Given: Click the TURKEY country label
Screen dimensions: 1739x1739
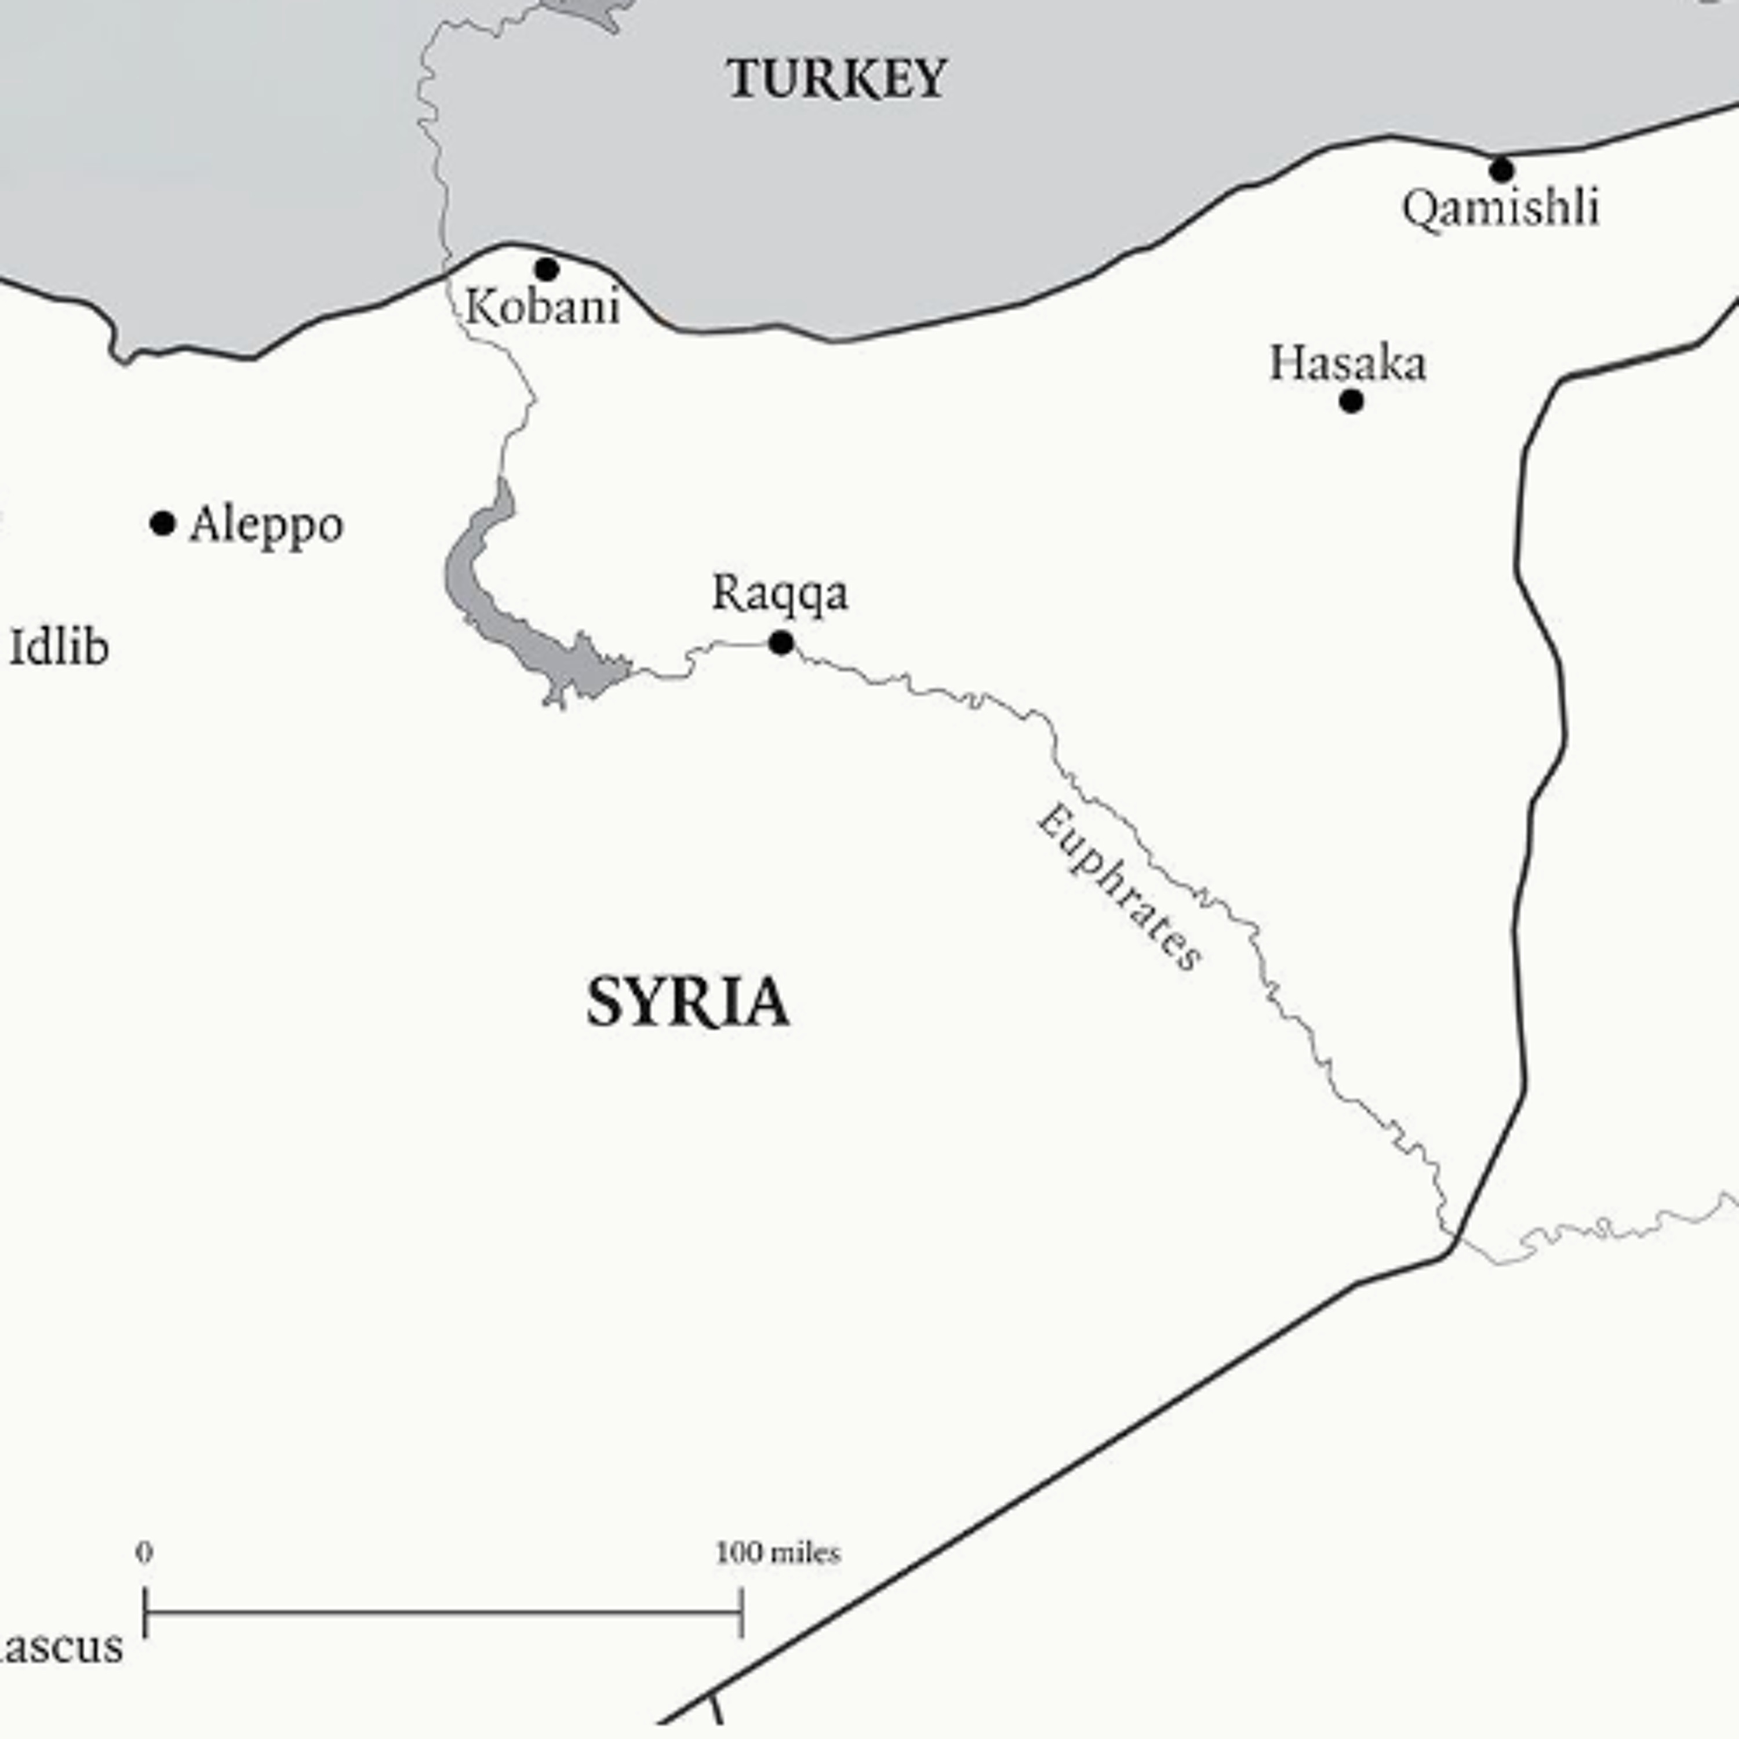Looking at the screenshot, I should (836, 79).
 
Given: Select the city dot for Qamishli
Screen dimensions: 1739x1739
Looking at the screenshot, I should (1501, 169).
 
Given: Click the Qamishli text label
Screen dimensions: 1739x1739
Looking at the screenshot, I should (1501, 208).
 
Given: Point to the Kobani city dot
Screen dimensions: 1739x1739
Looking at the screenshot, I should (547, 268).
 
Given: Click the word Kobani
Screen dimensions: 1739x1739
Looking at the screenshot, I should (543, 308).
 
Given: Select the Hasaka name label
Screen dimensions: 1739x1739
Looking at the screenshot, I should (1348, 363).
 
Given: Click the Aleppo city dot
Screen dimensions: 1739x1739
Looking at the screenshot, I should (162, 523).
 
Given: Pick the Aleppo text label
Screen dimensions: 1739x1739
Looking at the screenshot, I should (267, 525).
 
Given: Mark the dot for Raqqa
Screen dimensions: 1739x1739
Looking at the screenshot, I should (781, 643).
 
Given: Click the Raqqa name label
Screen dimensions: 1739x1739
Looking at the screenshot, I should (780, 593).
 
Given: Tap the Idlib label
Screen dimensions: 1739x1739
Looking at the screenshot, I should (59, 648).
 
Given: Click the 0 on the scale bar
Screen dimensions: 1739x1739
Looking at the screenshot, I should (144, 1552).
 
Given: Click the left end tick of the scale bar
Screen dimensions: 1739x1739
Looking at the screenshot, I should (145, 1612).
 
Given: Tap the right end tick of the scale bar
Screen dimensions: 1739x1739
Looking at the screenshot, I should (742, 1612).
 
